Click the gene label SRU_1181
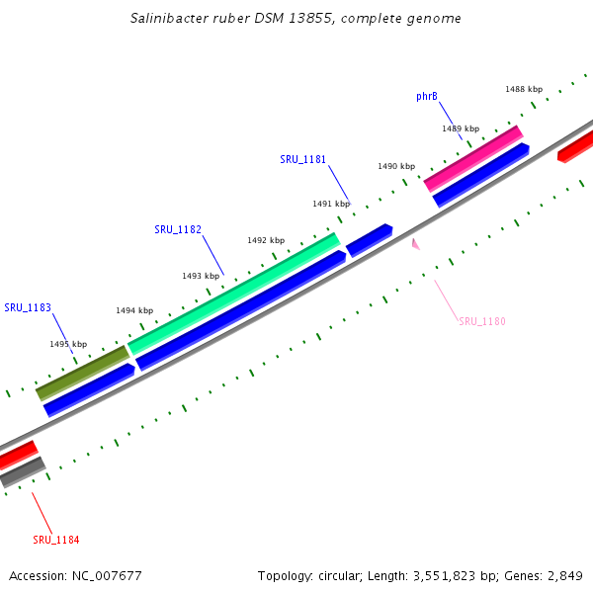pos(302,159)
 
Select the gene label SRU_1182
pos(178,229)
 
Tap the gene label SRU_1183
pos(27,307)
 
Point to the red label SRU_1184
pos(56,540)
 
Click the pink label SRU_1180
pos(482,321)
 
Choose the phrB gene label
pos(427,97)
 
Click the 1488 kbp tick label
pos(524,89)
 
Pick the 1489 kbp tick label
pos(461,128)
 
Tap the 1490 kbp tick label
pos(395,166)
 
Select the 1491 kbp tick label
pos(331,204)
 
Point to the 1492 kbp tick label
pos(266,240)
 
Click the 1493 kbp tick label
pos(201,276)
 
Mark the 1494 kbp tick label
pos(134,310)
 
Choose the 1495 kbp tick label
pos(68,344)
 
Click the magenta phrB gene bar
pos(472,158)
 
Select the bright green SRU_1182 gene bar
pos(233,294)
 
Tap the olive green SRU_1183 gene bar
pos(82,373)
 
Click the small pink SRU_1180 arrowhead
pos(416,243)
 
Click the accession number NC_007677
pos(105,575)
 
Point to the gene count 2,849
pos(563,575)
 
